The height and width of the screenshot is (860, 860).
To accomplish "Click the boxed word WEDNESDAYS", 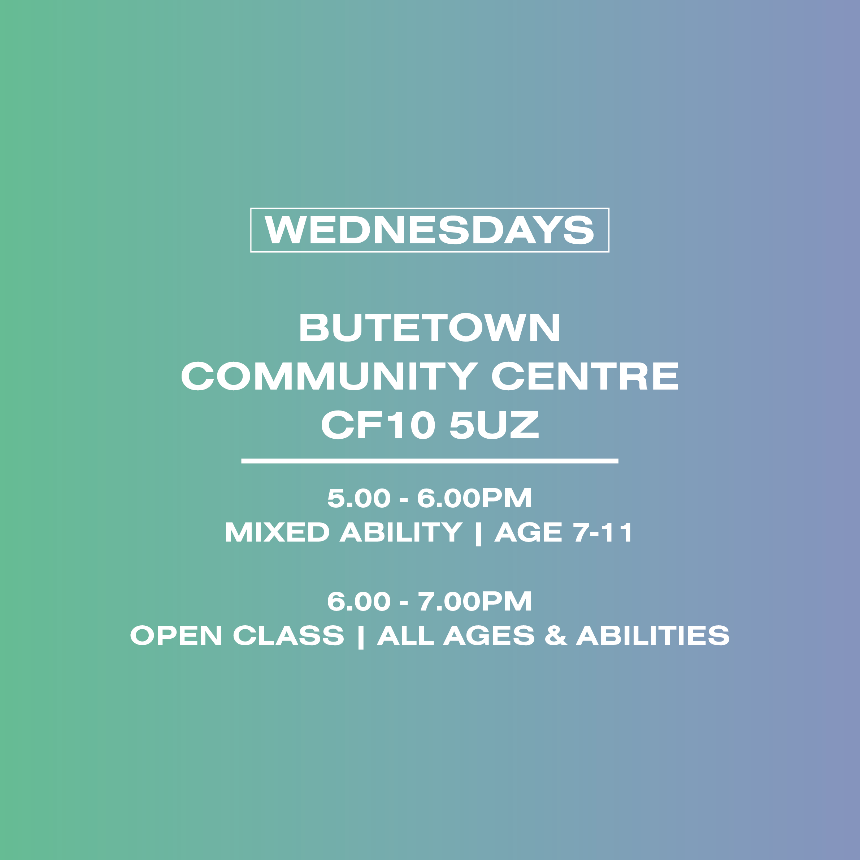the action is click(x=430, y=230).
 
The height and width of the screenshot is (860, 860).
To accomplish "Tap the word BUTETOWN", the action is click(x=430, y=327).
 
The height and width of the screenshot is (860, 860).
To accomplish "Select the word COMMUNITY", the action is click(x=329, y=376).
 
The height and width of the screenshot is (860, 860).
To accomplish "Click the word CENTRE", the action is click(x=585, y=376).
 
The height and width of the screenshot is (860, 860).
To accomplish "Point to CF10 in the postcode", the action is click(x=378, y=424).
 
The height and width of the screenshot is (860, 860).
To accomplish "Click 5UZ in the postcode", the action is click(x=494, y=424).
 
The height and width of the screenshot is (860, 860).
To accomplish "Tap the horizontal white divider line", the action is click(x=430, y=461).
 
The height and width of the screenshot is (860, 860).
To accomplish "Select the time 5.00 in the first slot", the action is click(x=359, y=498).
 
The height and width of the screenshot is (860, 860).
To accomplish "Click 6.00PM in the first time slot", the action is click(x=474, y=498).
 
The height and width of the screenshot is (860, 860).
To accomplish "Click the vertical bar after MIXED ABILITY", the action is click(x=478, y=533).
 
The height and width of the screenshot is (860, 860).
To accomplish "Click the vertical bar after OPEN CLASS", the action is click(x=361, y=637).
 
